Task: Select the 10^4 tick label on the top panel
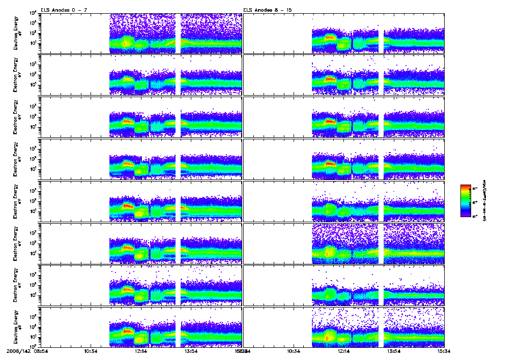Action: point(32,13)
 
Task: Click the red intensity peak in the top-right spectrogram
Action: point(331,37)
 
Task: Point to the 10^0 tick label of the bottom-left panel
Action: point(32,345)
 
